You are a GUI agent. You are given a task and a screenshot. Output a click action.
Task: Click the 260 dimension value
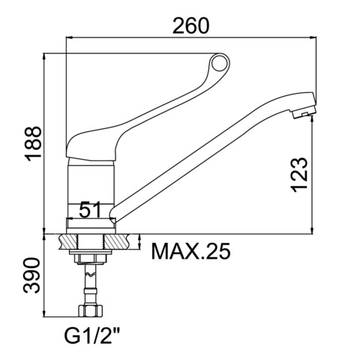coord(190,25)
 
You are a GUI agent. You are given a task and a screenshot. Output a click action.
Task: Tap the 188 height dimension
coord(33,144)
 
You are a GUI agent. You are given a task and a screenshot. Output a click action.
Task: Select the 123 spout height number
coord(299,175)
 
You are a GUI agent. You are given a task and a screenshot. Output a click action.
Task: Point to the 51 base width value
coord(89,208)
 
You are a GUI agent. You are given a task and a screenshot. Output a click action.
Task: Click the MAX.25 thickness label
coord(190,251)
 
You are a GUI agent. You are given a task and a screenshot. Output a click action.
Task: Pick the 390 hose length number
coord(31,276)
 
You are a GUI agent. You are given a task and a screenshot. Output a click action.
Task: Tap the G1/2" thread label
coord(92,336)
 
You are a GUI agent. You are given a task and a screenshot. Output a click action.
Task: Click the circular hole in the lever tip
coord(219,62)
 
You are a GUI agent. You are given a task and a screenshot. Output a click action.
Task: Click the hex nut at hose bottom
coord(90,310)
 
